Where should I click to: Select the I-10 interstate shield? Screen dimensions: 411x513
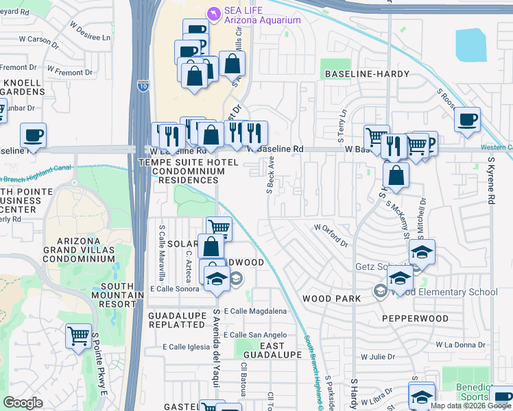click(142, 85)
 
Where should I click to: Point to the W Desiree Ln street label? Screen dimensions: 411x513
click(89, 32)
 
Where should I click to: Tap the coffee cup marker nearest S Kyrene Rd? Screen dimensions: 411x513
click(467, 121)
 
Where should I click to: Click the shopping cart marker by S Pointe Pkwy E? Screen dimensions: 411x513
click(79, 336)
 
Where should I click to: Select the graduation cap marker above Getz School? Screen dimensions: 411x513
click(422, 252)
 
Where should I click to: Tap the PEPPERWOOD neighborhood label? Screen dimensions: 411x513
click(415, 319)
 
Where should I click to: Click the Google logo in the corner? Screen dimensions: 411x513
click(23, 403)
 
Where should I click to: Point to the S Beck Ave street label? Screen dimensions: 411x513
click(270, 174)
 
